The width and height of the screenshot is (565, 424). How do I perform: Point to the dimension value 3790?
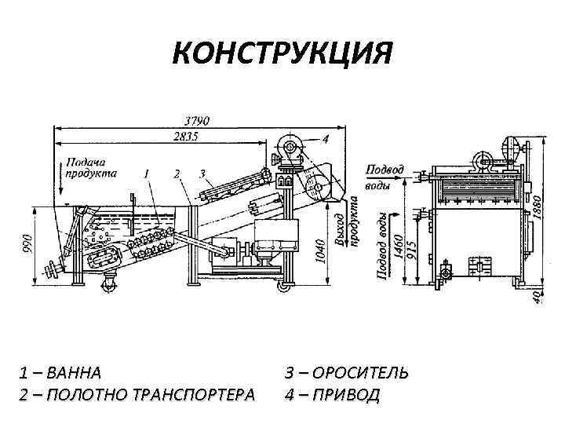point(197,122)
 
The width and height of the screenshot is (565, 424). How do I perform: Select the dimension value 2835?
point(187,137)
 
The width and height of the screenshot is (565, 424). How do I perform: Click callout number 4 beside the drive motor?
point(326,139)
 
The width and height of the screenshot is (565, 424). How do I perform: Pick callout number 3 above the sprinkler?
point(202,173)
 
